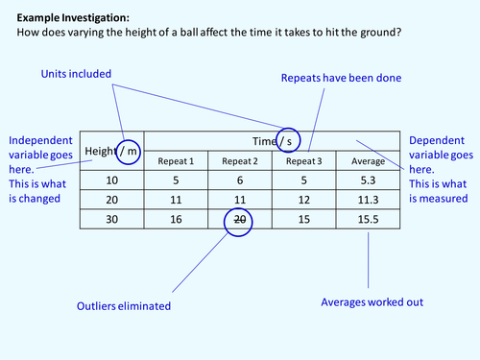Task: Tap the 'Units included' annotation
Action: tap(76, 74)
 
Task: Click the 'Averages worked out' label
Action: tap(372, 300)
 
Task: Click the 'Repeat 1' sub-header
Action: tap(176, 161)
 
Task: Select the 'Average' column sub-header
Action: tap(369, 161)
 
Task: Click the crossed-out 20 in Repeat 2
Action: tap(239, 219)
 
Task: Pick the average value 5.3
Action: tap(369, 180)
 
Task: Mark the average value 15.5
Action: tap(369, 219)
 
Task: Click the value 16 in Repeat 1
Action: tap(176, 219)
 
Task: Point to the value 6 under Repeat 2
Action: tap(239, 180)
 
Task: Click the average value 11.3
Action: tap(369, 200)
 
